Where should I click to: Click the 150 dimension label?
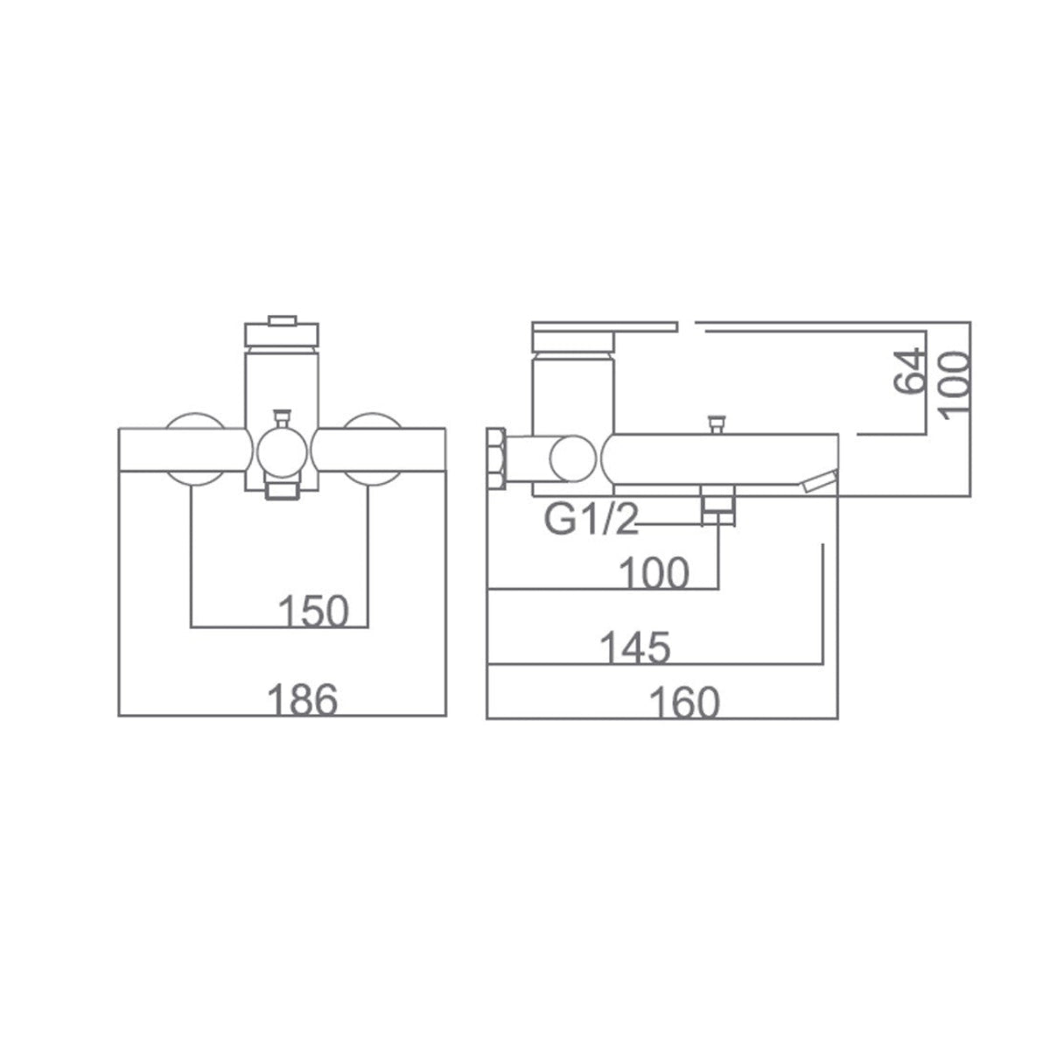point(313,611)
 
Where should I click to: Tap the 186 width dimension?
point(303,700)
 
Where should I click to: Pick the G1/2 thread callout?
point(591,520)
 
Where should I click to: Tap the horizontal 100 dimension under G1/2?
point(654,572)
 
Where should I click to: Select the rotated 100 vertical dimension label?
point(955,386)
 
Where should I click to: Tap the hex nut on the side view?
point(496,458)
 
